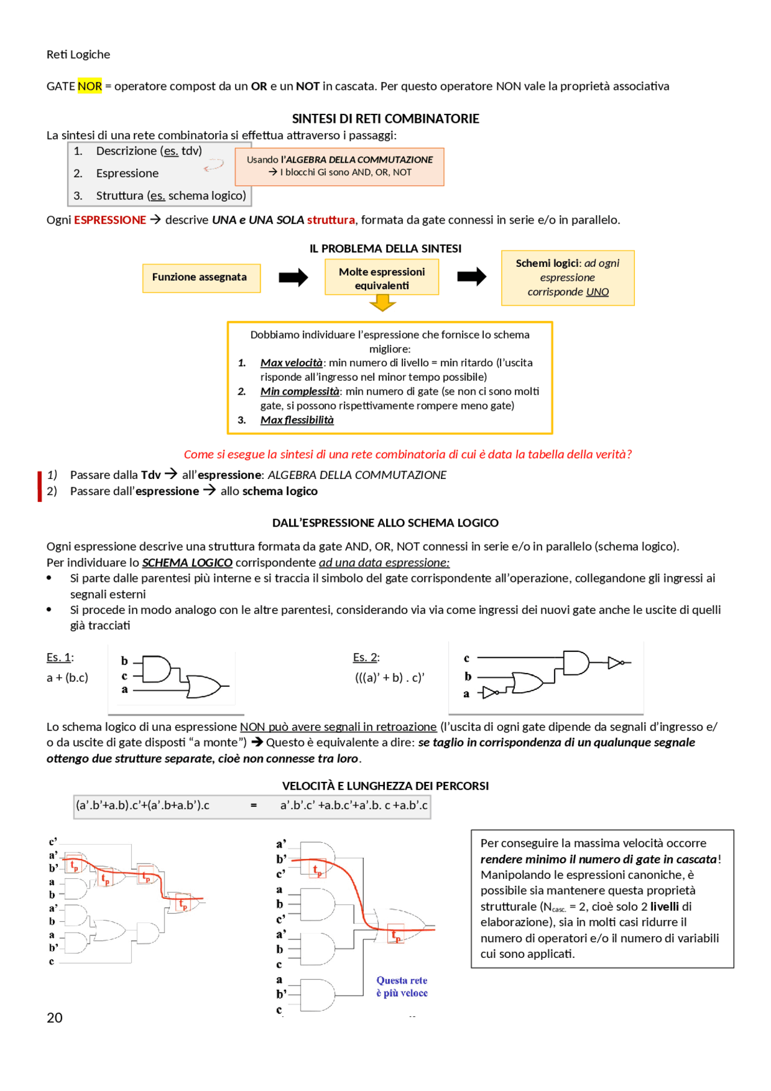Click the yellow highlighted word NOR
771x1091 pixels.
90,86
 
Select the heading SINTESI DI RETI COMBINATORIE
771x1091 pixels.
385,119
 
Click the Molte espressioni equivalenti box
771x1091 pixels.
381,278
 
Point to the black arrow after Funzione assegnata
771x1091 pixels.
293,278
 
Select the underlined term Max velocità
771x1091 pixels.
291,363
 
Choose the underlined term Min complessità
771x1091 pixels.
299,391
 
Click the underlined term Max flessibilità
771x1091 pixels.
296,420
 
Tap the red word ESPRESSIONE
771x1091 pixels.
110,220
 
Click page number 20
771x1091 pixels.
54,1018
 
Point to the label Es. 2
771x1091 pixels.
366,657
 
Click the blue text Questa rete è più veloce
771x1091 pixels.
402,987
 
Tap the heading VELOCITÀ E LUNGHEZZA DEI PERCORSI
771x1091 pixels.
385,786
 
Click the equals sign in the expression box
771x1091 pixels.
254,805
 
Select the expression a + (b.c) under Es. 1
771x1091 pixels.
67,678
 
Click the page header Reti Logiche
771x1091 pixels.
78,55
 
